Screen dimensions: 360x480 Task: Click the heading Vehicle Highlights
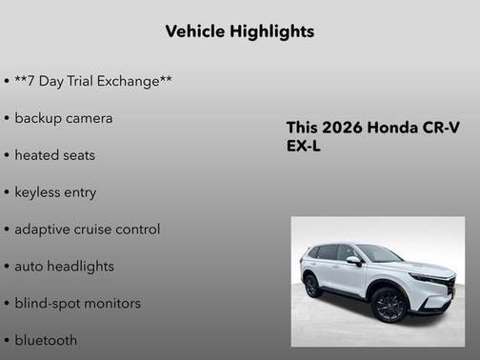point(239,31)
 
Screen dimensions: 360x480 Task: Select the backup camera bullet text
point(64,118)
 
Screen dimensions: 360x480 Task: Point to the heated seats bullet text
point(55,155)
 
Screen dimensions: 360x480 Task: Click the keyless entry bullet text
point(55,192)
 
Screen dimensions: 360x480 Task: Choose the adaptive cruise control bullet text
point(88,230)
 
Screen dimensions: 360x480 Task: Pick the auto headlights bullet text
point(64,267)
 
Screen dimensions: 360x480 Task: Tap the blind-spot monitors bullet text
point(78,304)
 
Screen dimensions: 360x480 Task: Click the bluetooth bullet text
point(47,340)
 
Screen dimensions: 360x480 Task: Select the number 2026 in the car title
point(341,129)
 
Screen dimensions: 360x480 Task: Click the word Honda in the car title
point(390,129)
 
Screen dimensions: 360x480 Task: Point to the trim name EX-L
point(305,147)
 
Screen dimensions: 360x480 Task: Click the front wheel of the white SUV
point(390,305)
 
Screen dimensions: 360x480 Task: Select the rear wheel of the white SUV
point(312,285)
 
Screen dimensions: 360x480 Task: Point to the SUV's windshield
point(380,253)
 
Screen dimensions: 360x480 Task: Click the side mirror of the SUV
point(354,260)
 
